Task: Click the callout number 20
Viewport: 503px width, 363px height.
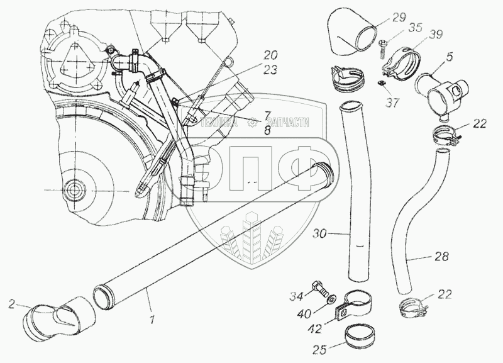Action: click(270, 54)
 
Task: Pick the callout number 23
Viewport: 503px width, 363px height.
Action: click(270, 71)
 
